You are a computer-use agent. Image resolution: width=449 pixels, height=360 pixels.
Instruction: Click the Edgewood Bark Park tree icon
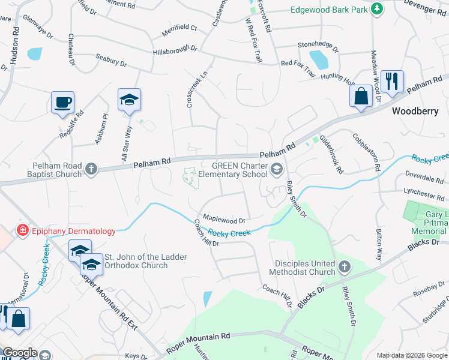pos(376,9)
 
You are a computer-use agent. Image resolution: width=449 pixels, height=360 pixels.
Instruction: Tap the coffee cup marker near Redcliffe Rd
pos(62,103)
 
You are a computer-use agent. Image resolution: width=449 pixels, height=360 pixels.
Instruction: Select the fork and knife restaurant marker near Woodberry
pos(392,81)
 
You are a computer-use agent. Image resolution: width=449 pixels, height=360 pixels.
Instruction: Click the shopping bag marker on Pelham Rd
pos(361,96)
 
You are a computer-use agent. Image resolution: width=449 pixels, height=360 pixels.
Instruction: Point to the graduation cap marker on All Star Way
pos(129,99)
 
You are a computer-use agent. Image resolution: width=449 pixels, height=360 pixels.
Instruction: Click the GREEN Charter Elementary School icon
pos(276,169)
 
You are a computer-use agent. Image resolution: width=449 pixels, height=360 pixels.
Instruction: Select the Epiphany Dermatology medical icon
pos(23,230)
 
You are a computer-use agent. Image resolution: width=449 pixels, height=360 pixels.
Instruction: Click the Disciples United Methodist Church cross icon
pos(344,266)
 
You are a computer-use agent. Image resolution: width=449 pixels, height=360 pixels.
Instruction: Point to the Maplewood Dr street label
pos(225,221)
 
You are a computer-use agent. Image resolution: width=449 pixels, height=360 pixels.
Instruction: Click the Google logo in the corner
pos(19,353)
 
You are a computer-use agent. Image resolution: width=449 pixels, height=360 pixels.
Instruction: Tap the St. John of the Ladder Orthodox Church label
pos(146,262)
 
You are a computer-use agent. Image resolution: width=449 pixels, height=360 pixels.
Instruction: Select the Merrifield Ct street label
pos(175,28)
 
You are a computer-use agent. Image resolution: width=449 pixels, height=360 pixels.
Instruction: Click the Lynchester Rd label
pos(424,195)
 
